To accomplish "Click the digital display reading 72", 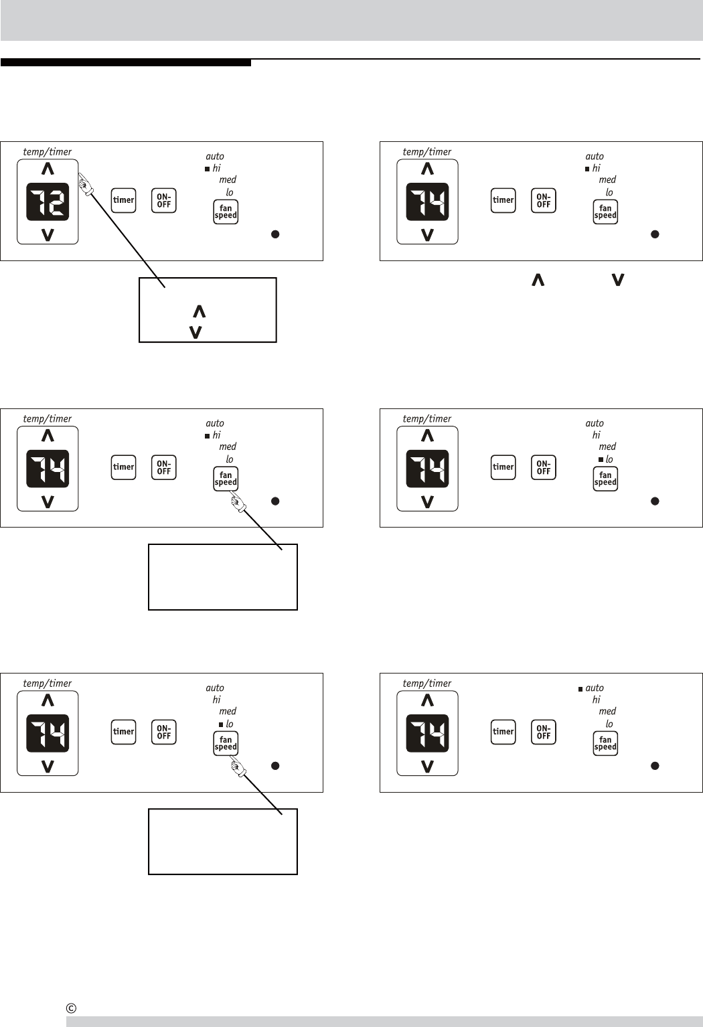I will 48,202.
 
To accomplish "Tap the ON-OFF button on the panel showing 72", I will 164,201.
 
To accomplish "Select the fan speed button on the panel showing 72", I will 226,212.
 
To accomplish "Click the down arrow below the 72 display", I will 48,234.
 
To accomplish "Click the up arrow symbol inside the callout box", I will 199,311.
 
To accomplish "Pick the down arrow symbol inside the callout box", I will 196,331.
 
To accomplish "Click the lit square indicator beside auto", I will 580,688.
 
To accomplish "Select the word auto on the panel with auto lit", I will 595,688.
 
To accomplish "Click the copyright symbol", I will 71,1008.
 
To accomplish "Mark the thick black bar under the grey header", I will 126,63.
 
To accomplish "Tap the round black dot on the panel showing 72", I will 275,234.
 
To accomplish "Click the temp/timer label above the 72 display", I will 47,152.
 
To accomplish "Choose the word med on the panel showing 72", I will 228,179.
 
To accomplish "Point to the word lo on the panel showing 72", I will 230,192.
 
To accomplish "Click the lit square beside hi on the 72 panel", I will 208,169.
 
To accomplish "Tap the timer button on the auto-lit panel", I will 503,732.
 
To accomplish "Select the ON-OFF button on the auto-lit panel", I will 544,732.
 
